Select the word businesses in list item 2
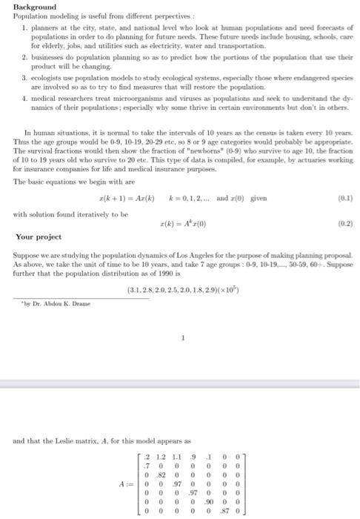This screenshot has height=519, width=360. coord(45,56)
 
